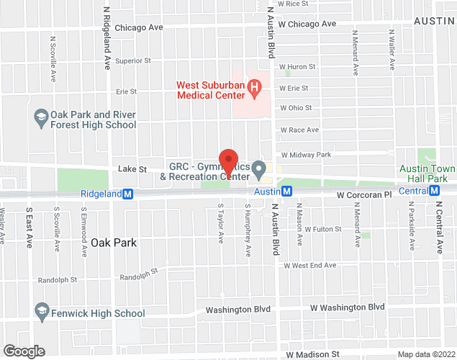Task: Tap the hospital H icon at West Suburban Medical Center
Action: coord(253,89)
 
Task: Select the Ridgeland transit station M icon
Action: coord(128,194)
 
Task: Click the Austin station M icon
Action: coord(286,192)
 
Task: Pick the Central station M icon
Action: coord(434,191)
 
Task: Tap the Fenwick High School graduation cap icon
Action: coord(41,312)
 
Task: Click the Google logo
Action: coord(24,351)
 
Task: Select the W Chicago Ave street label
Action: coord(308,24)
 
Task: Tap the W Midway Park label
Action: coord(306,155)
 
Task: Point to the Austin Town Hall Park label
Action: coord(427,174)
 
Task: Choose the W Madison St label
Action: coord(312,354)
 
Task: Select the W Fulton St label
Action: coord(322,229)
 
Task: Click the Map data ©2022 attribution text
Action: coord(426,354)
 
